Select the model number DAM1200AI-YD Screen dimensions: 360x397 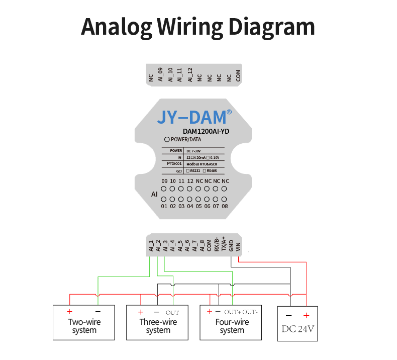206,131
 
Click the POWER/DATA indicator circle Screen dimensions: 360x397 167,139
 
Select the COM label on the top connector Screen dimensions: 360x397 238,76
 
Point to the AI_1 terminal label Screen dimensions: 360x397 150,245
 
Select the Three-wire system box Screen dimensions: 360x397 158,322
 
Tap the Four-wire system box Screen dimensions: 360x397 232,322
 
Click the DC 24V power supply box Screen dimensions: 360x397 297,323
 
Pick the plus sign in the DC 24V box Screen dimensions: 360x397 306,315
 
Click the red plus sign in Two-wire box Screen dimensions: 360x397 69,312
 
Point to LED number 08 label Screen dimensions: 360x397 224,206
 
